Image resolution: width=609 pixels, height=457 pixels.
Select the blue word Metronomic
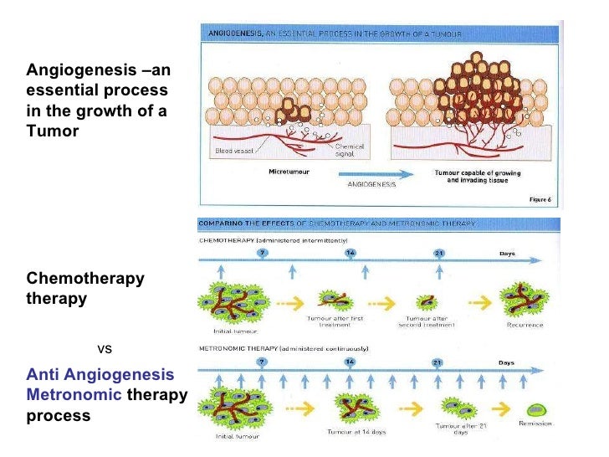point(74,394)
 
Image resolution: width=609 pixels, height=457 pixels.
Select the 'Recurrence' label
point(525,325)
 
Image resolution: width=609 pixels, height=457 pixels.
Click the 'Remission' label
point(535,424)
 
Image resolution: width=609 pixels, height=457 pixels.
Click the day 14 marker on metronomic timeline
point(349,362)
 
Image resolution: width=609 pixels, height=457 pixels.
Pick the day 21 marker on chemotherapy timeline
point(438,253)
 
